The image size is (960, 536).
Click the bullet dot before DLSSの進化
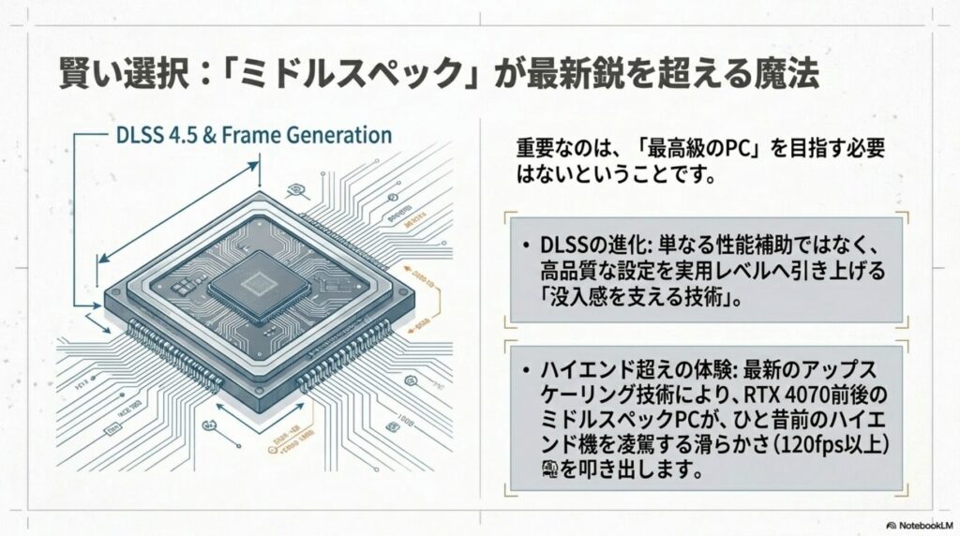[528, 246]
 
